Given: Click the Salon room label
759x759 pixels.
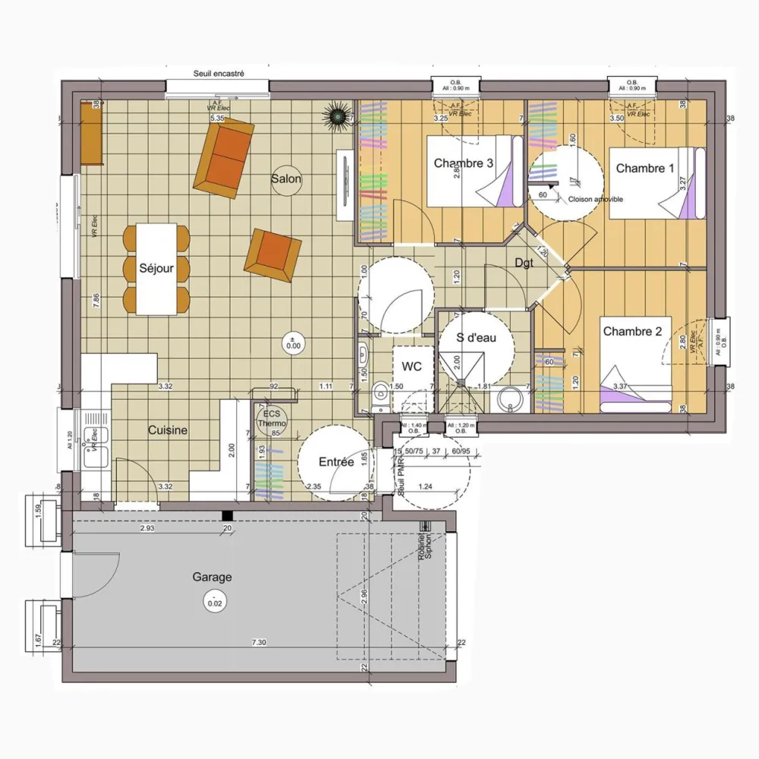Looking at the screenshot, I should (x=287, y=179).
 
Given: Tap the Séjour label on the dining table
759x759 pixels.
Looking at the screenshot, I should (x=156, y=268).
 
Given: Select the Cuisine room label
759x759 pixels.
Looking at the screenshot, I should (x=167, y=430).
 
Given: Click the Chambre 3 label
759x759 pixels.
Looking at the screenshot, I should (x=463, y=163).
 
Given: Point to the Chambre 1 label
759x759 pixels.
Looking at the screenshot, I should (x=644, y=168).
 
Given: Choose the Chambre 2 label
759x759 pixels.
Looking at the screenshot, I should (x=632, y=331).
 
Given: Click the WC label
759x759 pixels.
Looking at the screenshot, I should (x=411, y=367).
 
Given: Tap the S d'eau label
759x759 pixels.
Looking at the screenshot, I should (x=476, y=337).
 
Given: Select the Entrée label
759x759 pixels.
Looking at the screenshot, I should (x=336, y=461).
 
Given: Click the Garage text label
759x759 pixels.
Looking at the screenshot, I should (x=212, y=577).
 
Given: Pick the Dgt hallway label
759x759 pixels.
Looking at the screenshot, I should (x=524, y=263).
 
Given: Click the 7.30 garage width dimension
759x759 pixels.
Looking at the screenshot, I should (x=259, y=643).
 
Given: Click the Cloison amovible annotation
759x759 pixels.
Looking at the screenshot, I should (x=595, y=199).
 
